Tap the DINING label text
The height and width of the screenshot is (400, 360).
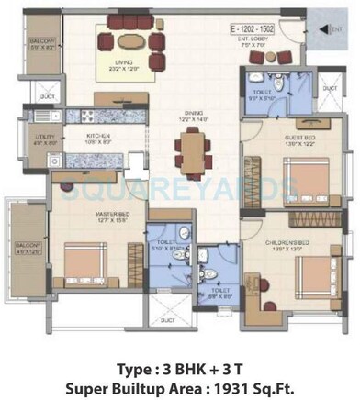pos(191,115)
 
